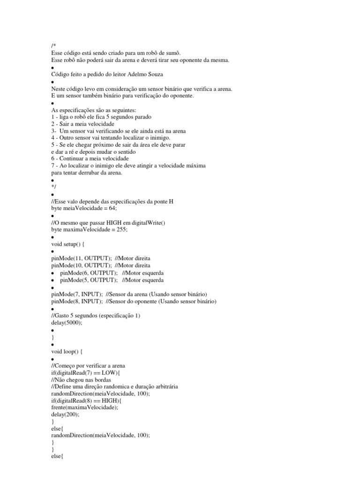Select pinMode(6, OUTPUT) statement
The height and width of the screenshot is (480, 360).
click(x=89, y=273)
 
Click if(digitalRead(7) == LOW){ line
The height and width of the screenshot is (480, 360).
click(x=85, y=373)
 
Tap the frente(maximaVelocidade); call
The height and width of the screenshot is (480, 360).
click(x=85, y=407)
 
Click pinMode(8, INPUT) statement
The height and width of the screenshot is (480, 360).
click(x=77, y=301)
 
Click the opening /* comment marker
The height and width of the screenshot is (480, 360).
click(x=53, y=45)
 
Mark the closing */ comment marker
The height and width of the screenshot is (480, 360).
click(x=53, y=187)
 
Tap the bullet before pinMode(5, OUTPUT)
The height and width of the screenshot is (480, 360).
click(x=53, y=280)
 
